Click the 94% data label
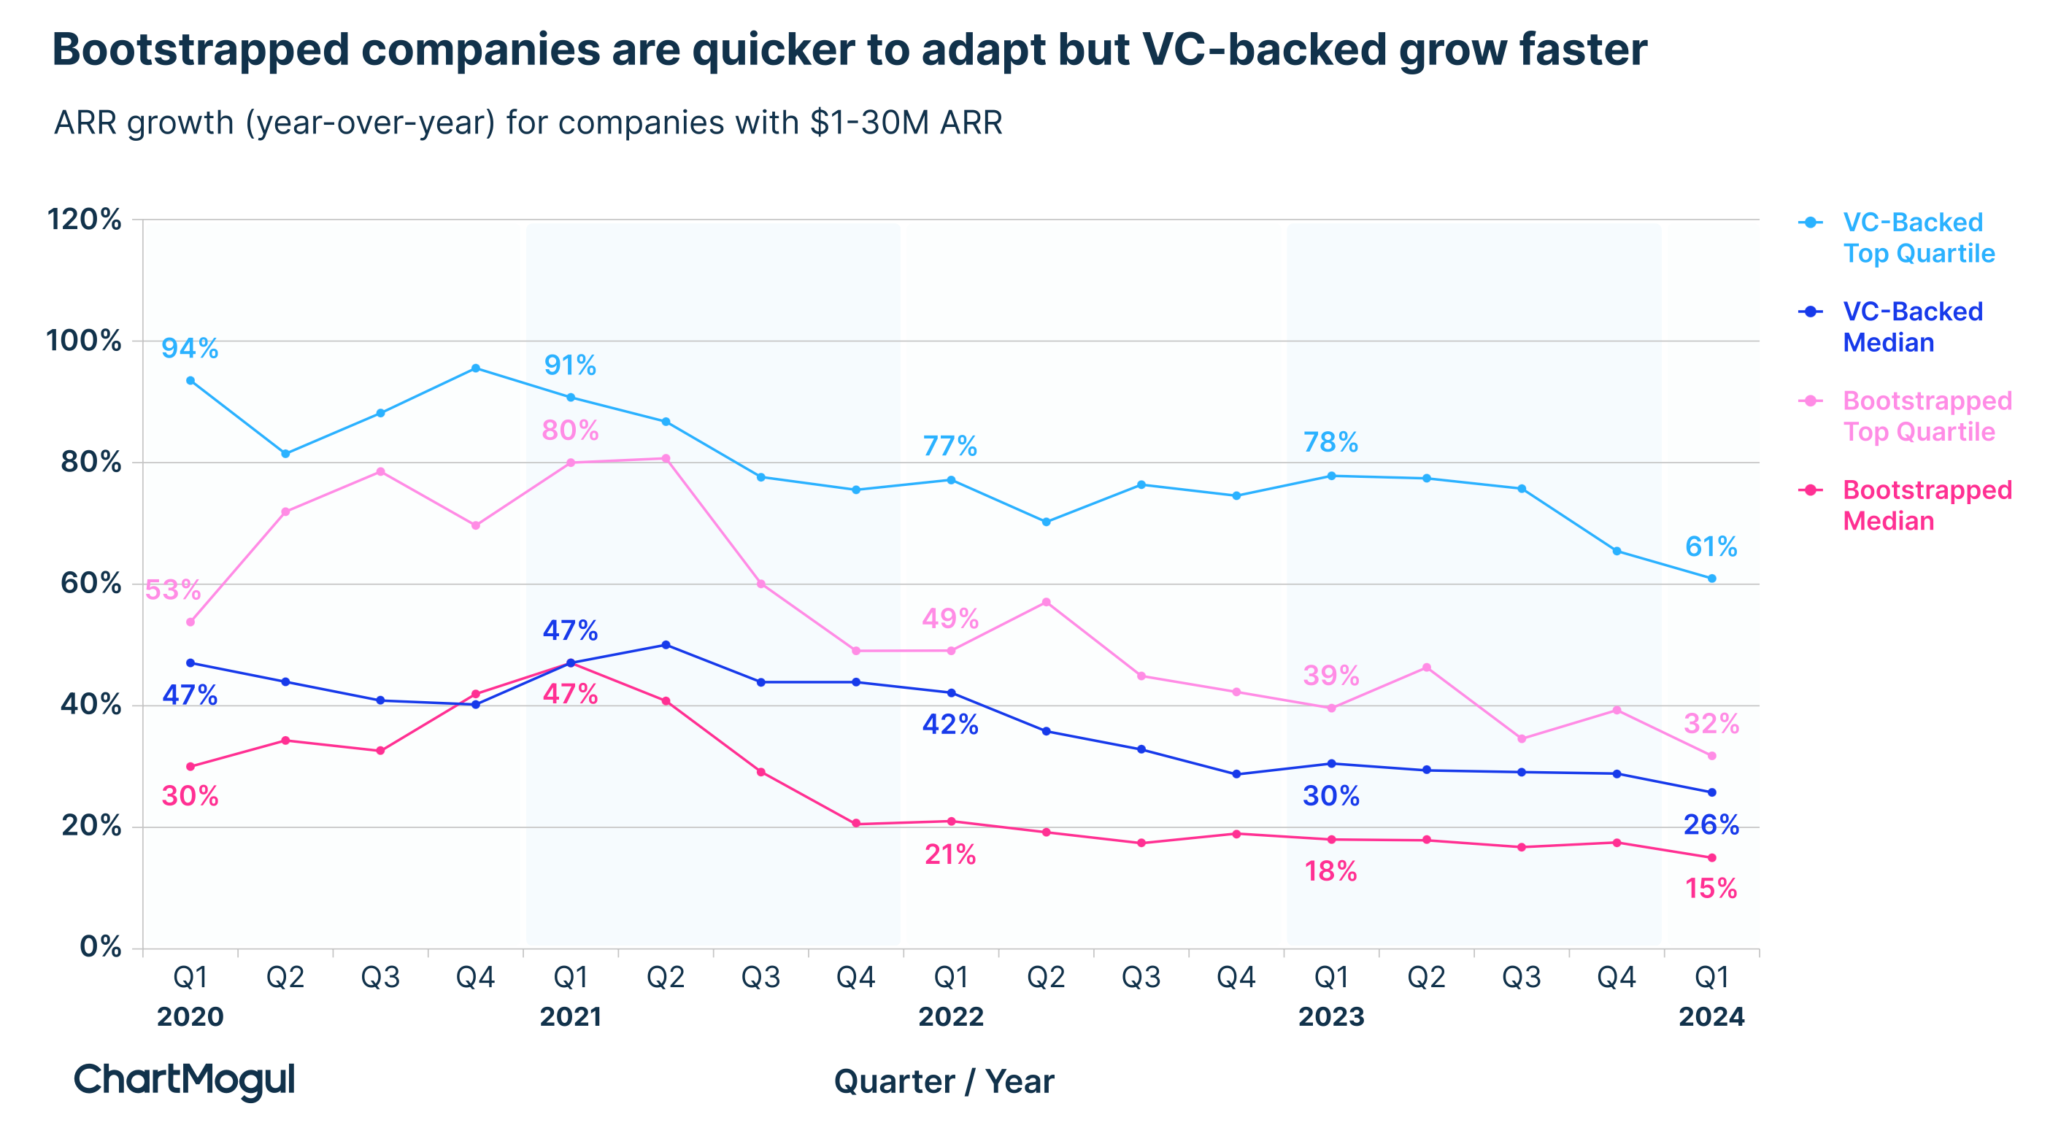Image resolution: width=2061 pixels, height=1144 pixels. pos(190,348)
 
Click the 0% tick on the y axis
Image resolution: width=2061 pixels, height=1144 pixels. pos(100,947)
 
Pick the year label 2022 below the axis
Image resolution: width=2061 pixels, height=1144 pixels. pos(950,1017)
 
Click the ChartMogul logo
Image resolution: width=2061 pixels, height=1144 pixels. pos(184,1080)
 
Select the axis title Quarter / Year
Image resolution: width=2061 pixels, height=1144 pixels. pos(944,1081)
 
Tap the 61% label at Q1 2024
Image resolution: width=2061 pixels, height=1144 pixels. pos(1711,546)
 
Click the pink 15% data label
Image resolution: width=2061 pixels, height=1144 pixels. pos(1711,889)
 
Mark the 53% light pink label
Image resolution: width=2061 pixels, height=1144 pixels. pos(172,590)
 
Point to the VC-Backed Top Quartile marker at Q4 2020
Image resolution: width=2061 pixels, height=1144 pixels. pos(475,368)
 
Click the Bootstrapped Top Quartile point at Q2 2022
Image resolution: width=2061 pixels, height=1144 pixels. pos(1046,602)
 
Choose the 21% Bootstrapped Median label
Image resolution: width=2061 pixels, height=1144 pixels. pos(950,855)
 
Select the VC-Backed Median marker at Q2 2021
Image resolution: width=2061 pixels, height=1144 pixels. pos(666,645)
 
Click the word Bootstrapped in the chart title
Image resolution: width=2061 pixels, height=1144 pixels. pos(200,50)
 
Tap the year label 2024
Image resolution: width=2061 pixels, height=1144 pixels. pos(1711,1017)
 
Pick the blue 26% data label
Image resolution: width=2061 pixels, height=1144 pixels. pos(1711,824)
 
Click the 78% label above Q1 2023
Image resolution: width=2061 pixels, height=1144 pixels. pos(1330,441)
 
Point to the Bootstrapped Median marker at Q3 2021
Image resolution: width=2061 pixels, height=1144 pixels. pos(761,772)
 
